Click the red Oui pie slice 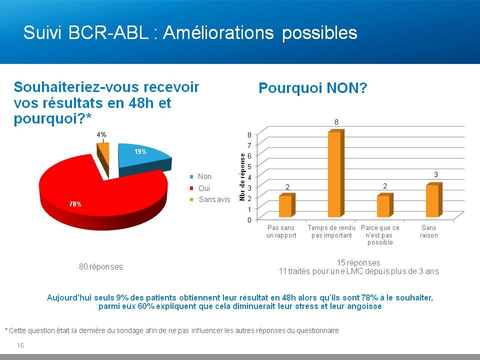pyautogui.click(x=101, y=199)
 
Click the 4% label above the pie pyautogui.click(x=101, y=134)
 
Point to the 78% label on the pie pyautogui.click(x=75, y=204)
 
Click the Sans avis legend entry pyautogui.click(x=210, y=199)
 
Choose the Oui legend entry pyautogui.click(x=200, y=188)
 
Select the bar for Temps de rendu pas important pyautogui.click(x=336, y=173)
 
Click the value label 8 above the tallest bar pyautogui.click(x=336, y=122)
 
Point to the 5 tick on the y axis pyautogui.click(x=249, y=166)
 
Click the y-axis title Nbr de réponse pyautogui.click(x=242, y=177)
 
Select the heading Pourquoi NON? pyautogui.click(x=313, y=88)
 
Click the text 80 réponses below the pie pyautogui.click(x=101, y=266)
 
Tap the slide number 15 pyautogui.click(x=20, y=345)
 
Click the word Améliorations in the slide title pyautogui.click(x=218, y=32)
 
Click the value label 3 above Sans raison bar pyautogui.click(x=436, y=174)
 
